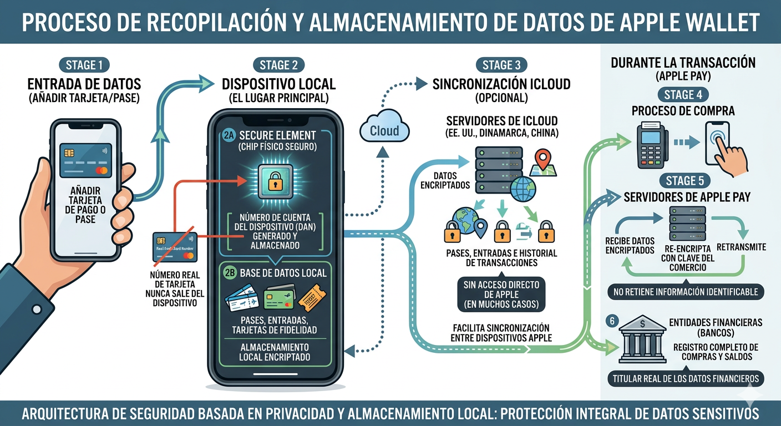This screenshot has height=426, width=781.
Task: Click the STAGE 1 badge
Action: coord(84,65)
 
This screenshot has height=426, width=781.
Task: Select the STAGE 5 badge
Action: coord(683,181)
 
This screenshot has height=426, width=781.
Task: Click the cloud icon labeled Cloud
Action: coord(384,130)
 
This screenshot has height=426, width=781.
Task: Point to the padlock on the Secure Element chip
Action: coord(276,181)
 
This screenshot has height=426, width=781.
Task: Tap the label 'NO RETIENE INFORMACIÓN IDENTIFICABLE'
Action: coord(686,292)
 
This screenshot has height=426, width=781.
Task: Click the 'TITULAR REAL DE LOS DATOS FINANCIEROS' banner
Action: coord(686,379)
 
